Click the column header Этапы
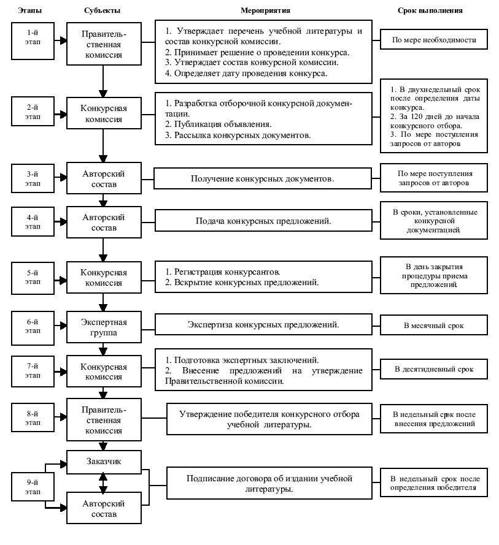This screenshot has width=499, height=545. [30, 10]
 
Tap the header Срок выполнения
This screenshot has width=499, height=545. [430, 10]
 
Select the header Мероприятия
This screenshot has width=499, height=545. [265, 10]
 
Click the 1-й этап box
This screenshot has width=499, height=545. [33, 41]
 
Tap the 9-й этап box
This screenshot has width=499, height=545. [33, 487]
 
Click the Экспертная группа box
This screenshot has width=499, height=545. [104, 327]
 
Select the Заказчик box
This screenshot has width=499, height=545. [104, 462]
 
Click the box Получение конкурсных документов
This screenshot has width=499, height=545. [263, 178]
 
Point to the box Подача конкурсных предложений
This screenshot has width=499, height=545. [263, 220]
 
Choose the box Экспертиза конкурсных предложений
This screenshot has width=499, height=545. [263, 325]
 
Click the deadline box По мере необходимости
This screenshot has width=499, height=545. [433, 40]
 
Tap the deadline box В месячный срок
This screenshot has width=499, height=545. [433, 326]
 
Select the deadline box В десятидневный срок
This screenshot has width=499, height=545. [433, 369]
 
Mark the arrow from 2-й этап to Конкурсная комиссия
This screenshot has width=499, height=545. [61, 115]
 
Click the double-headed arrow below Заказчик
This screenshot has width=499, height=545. [103, 483]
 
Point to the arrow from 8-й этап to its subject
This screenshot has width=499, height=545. [61, 417]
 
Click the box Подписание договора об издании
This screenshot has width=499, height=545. [269, 483]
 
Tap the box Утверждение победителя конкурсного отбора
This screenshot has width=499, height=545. [269, 419]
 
